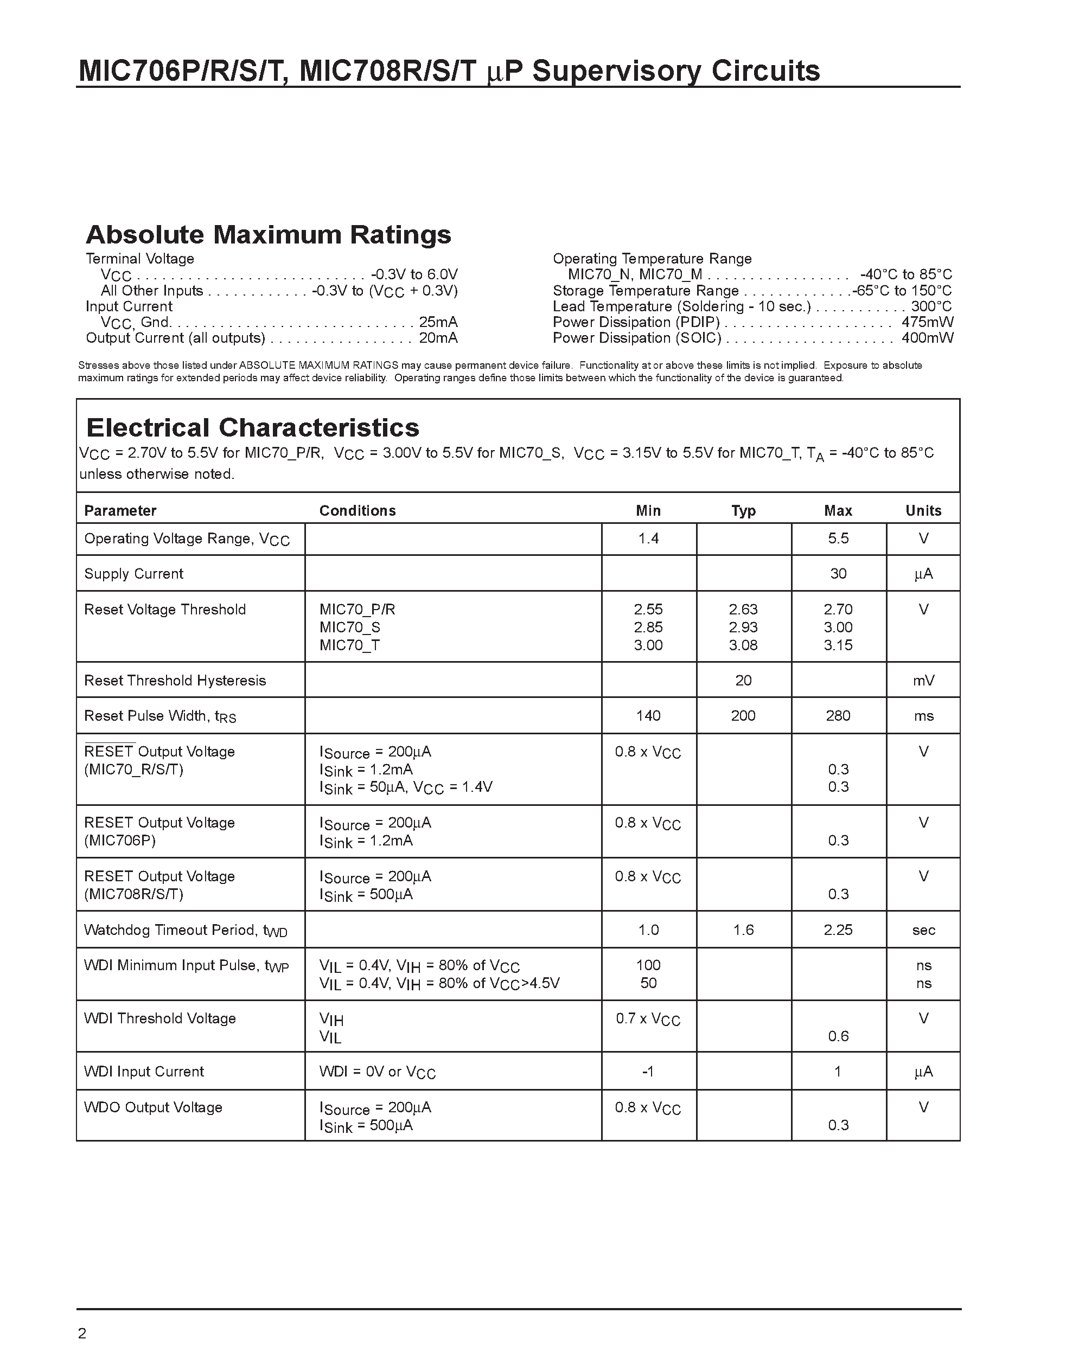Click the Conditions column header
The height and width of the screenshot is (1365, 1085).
coord(357,510)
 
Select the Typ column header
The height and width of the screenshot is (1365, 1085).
coord(743,510)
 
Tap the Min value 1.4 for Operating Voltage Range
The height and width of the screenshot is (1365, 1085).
coord(648,538)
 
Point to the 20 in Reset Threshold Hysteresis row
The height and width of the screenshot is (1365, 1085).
coord(743,681)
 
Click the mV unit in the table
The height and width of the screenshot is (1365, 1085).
coord(923,681)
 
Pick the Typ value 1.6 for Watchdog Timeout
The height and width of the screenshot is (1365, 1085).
coord(743,930)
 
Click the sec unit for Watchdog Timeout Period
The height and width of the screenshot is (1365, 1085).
coord(923,930)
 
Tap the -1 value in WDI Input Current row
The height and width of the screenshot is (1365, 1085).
coord(647,1071)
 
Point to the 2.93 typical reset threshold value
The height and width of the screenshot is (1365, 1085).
coord(743,627)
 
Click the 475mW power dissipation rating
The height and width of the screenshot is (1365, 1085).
coord(927,322)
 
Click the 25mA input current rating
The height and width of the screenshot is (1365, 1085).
coord(438,322)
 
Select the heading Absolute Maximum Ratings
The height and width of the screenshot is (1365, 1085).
coord(268,235)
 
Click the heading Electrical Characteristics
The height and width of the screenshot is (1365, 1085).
coord(252,428)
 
